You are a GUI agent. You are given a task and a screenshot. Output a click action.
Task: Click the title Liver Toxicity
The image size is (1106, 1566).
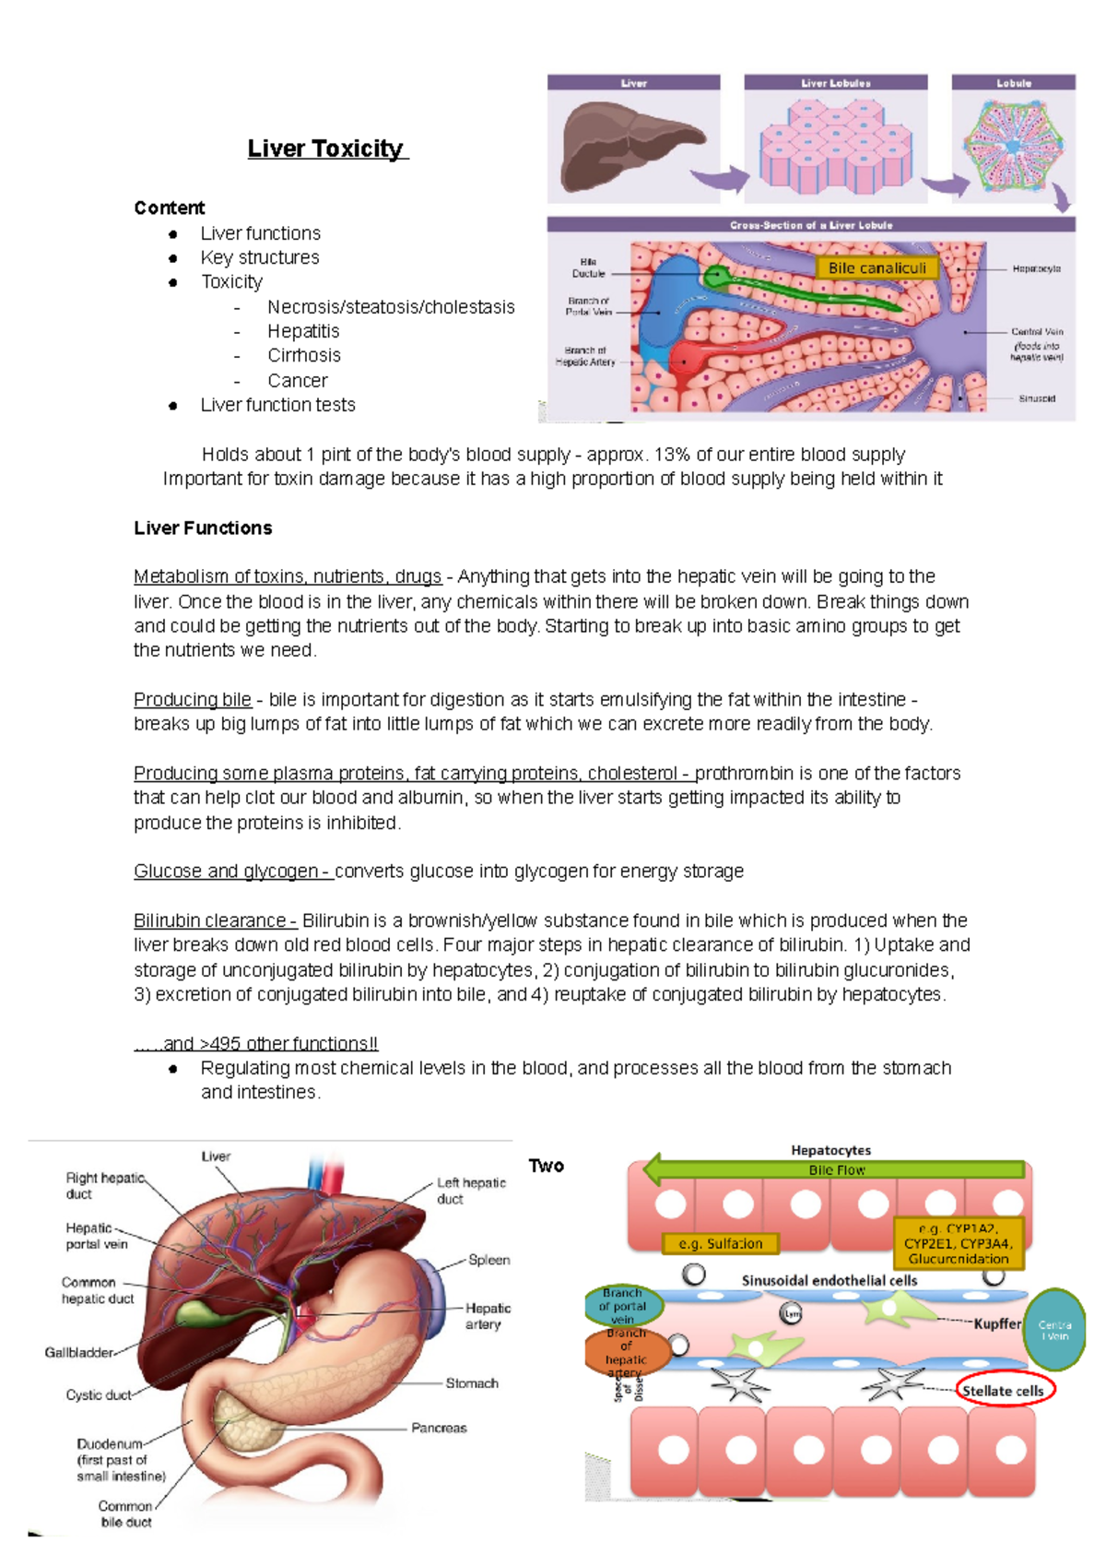(326, 148)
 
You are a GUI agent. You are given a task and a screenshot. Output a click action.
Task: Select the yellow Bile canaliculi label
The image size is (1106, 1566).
(877, 267)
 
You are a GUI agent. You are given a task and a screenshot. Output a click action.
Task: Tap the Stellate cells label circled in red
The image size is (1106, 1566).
(1004, 1390)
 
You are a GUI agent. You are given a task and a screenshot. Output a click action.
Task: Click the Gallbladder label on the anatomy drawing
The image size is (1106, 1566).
(79, 1352)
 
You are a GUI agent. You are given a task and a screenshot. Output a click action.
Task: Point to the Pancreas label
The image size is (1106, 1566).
(439, 1428)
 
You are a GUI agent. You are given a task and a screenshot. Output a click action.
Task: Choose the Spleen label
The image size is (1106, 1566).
(488, 1260)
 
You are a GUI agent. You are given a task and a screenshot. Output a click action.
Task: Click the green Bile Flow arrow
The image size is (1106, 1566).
(837, 1169)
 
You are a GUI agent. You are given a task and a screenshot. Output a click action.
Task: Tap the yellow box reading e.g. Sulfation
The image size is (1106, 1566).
(721, 1243)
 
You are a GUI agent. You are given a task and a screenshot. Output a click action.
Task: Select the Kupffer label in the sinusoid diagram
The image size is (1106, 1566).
(997, 1323)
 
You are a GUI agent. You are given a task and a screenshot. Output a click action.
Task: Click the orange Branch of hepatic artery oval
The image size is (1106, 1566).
(626, 1352)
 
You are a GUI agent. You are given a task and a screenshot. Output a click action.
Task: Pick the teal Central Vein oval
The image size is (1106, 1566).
(1054, 1330)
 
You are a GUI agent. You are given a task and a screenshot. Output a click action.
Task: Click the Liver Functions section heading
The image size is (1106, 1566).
(203, 528)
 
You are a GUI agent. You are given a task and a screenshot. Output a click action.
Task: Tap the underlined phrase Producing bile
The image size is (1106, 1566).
(193, 699)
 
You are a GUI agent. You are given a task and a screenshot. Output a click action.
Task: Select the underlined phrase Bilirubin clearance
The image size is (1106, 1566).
(214, 920)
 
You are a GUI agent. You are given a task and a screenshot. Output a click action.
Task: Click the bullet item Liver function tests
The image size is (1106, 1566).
(277, 405)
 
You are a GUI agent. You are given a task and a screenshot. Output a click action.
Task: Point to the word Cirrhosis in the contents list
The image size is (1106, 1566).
(304, 356)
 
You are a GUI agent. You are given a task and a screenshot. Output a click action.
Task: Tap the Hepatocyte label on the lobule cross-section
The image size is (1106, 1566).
(1036, 268)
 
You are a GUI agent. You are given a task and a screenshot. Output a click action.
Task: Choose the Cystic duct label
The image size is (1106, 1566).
(98, 1395)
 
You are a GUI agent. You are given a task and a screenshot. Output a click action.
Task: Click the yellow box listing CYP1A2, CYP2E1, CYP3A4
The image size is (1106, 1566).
(959, 1243)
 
